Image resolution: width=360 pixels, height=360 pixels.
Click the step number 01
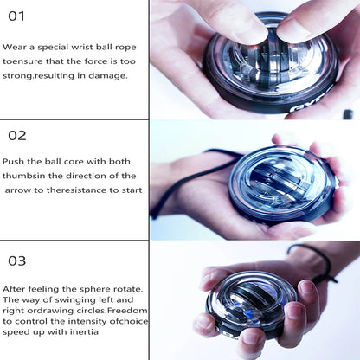16,16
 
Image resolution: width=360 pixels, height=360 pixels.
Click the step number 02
17,135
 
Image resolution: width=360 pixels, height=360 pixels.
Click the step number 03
17,260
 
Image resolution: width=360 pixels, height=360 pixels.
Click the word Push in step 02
13,161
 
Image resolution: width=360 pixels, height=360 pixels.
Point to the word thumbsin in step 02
23,176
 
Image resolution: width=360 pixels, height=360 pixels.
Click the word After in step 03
15,288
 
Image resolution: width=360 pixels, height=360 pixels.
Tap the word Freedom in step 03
121,310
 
